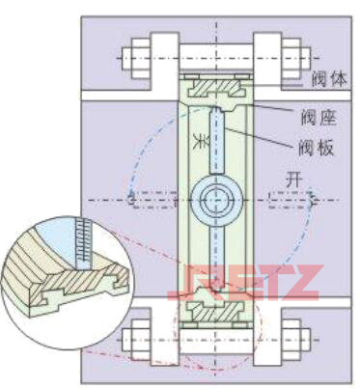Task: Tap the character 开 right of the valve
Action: (x=280, y=179)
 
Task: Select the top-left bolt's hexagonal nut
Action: (x=134, y=57)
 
